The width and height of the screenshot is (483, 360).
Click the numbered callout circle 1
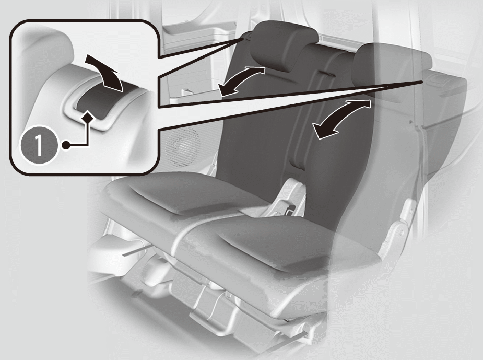point(39,145)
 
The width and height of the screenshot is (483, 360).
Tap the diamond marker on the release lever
point(88,117)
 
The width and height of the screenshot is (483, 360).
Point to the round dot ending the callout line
point(66,145)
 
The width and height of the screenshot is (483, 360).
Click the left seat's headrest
point(284,45)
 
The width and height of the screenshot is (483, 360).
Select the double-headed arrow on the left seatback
point(241,81)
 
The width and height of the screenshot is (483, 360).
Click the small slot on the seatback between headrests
point(326,74)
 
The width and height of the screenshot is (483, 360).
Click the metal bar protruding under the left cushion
point(137,251)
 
